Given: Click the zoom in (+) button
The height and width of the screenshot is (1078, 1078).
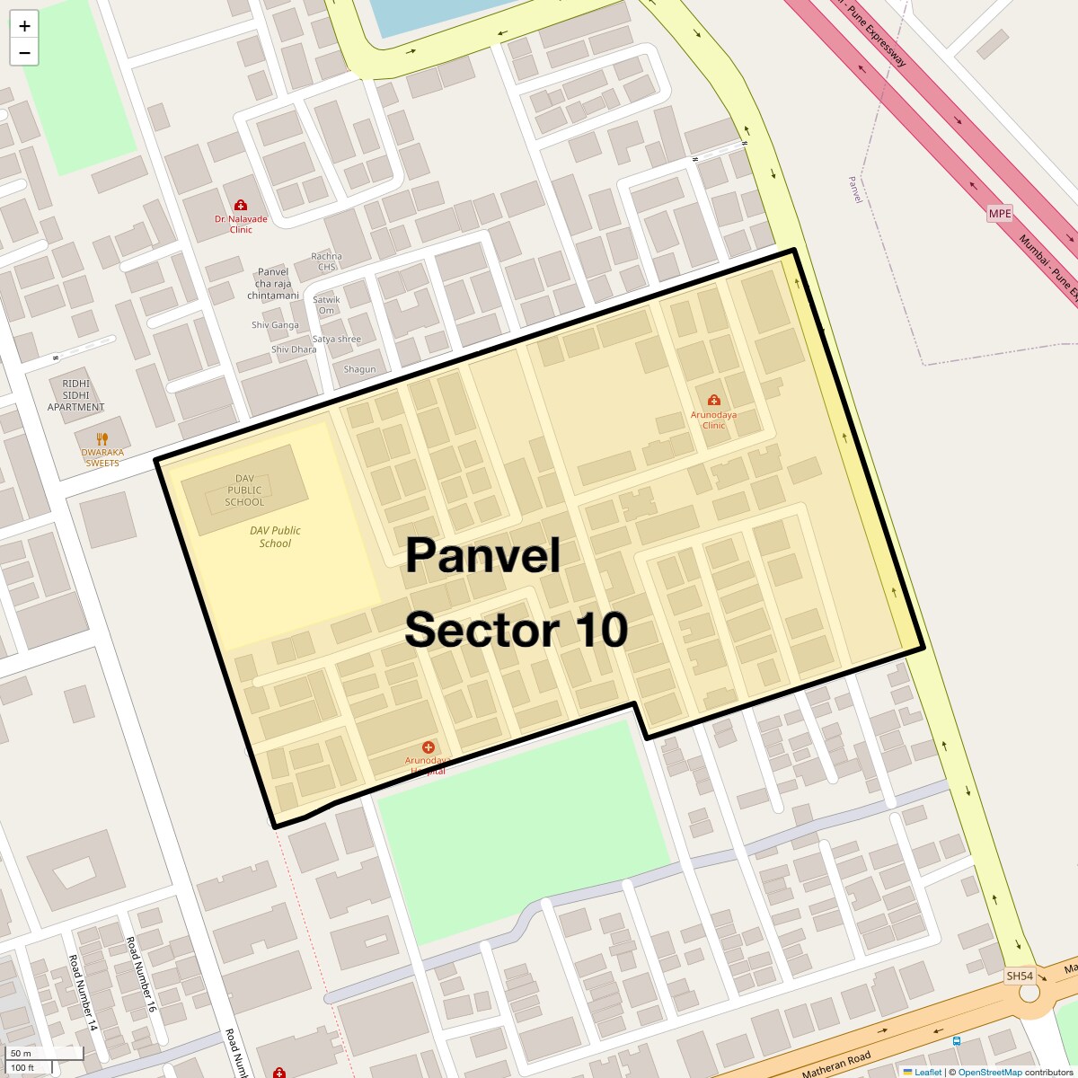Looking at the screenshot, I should pyautogui.click(x=24, y=26).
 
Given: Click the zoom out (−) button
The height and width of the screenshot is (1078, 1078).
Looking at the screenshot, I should pyautogui.click(x=24, y=53).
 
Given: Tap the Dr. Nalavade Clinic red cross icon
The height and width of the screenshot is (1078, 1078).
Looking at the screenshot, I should pyautogui.click(x=240, y=206).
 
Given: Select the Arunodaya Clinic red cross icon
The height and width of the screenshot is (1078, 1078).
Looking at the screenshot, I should pyautogui.click(x=713, y=400).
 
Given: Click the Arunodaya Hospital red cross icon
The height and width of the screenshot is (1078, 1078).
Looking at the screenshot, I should pyautogui.click(x=429, y=747).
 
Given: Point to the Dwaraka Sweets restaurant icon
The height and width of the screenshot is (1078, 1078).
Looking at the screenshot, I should pyautogui.click(x=102, y=439).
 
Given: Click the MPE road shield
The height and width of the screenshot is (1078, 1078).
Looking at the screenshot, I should pyautogui.click(x=999, y=214).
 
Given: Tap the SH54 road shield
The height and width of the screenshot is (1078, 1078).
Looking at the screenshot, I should pyautogui.click(x=1020, y=976).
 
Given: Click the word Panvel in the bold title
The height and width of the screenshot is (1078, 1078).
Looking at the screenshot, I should pyautogui.click(x=482, y=555).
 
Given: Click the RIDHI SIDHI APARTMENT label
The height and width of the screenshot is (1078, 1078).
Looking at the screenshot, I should pyautogui.click(x=76, y=395).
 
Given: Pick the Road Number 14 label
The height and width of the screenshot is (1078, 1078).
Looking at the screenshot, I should pyautogui.click(x=82, y=992).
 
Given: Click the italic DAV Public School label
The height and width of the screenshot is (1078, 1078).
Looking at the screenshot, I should pyautogui.click(x=275, y=536).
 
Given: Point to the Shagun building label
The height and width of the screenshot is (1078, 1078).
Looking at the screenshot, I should pyautogui.click(x=359, y=369).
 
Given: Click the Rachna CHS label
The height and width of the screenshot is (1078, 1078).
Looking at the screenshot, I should pyautogui.click(x=326, y=261).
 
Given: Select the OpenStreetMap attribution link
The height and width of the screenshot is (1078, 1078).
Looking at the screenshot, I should pyautogui.click(x=990, y=1073).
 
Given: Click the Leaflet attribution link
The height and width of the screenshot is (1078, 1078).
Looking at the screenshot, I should pyautogui.click(x=928, y=1073).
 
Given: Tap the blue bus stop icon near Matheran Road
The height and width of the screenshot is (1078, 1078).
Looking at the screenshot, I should pyautogui.click(x=957, y=1041).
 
